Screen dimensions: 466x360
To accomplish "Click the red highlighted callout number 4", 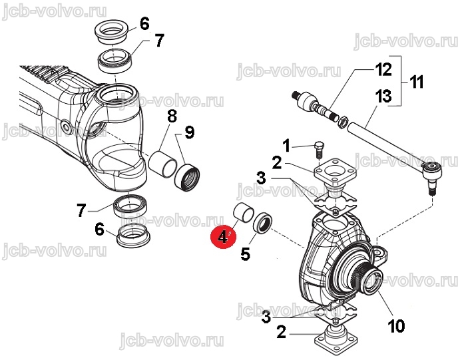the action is click(x=223, y=237).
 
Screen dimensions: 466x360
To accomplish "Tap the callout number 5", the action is click(x=246, y=254).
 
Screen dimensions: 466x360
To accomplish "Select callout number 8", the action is click(x=172, y=116).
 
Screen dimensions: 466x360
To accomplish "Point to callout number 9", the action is click(x=190, y=132).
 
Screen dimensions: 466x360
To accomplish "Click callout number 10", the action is click(x=396, y=326).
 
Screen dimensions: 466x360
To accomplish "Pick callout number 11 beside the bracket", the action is click(x=416, y=82).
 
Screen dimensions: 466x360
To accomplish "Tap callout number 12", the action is click(x=383, y=69).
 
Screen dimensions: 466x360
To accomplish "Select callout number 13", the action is click(x=383, y=96).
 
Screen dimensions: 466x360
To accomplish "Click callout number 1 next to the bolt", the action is click(x=286, y=146).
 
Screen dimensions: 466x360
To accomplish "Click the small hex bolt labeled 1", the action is click(x=318, y=150).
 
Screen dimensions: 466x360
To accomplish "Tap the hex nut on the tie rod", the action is click(x=343, y=122).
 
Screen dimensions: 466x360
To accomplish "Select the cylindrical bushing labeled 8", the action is click(x=162, y=164).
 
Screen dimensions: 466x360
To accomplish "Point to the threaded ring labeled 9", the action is click(x=187, y=178).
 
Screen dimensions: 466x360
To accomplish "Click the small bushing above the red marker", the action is click(x=244, y=212).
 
